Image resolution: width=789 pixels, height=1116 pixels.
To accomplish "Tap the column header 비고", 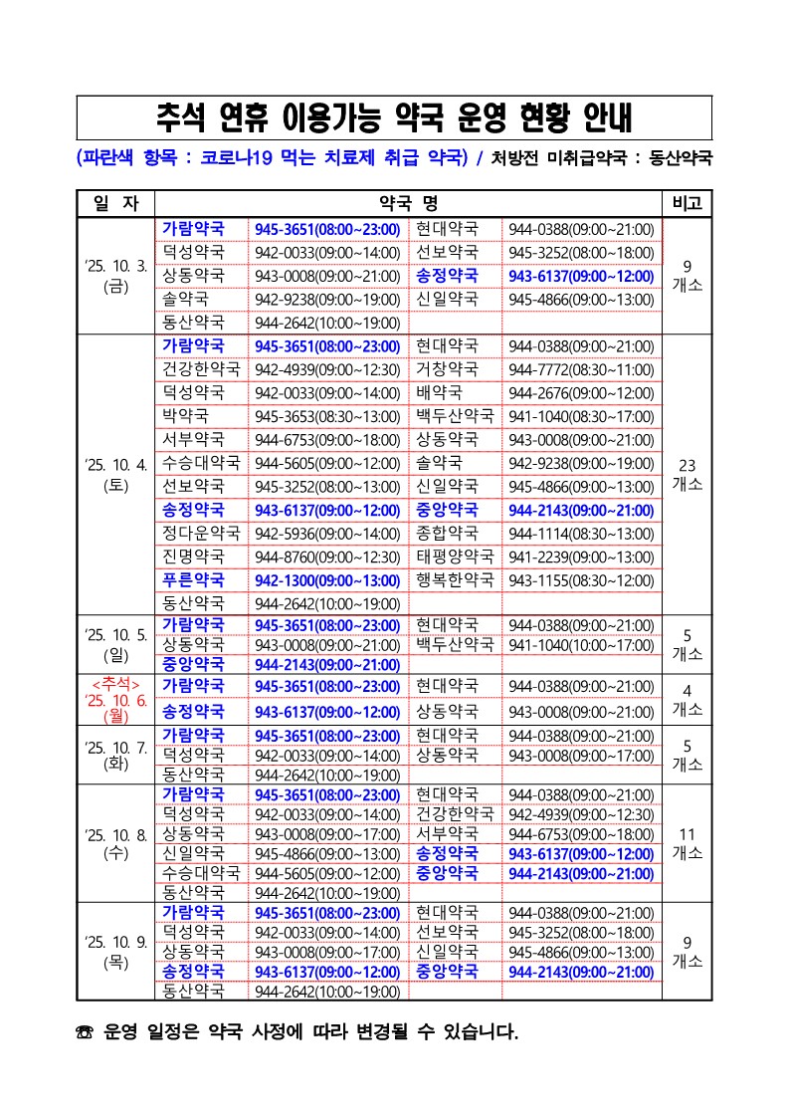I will pyautogui.click(x=687, y=203).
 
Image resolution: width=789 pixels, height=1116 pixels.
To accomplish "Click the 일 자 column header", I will pyautogui.click(x=115, y=203).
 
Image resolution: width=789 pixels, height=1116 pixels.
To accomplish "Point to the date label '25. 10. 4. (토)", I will pyautogui.click(x=115, y=475).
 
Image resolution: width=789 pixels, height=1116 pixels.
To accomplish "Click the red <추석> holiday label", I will pyautogui.click(x=115, y=683).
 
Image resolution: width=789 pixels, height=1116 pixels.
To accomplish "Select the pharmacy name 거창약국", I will pyautogui.click(x=447, y=369).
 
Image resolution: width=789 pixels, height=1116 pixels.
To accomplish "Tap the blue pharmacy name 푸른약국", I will pyautogui.click(x=194, y=579).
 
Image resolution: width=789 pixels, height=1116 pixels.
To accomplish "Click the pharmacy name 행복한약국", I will pyautogui.click(x=455, y=579).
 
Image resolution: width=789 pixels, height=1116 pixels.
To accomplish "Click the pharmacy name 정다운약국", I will pyautogui.click(x=202, y=533).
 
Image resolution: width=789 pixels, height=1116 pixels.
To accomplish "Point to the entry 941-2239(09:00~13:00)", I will pyautogui.click(x=581, y=557).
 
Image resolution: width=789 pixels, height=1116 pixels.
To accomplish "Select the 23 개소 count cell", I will pyautogui.click(x=687, y=475).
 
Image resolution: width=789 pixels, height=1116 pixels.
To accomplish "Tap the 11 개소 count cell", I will pyautogui.click(x=687, y=843).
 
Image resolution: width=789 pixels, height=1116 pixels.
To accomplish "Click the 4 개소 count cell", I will pyautogui.click(x=687, y=700).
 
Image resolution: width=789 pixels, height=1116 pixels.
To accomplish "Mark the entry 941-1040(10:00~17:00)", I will pyautogui.click(x=581, y=644).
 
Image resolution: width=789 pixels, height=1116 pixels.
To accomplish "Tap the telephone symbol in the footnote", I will pyautogui.click(x=85, y=1033).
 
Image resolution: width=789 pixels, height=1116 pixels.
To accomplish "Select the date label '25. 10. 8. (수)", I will pyautogui.click(x=115, y=843).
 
